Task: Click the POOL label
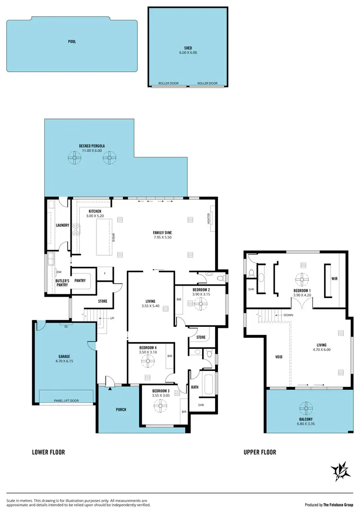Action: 72,42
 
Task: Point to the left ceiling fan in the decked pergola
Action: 74,157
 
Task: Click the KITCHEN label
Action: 95,214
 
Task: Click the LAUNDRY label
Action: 62,225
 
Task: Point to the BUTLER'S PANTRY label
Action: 61,283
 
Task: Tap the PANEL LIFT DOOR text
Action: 66,400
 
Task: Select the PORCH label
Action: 121,409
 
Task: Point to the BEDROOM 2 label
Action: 201,290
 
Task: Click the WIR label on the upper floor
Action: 335,278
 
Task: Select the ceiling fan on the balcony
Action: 306,408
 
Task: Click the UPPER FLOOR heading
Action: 260,452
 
